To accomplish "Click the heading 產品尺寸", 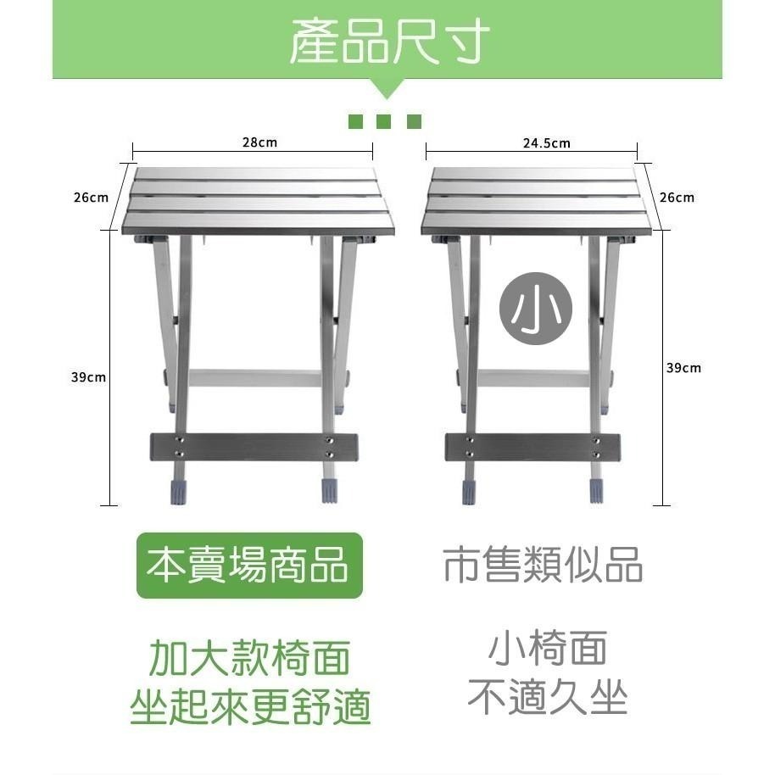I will [x=389, y=41].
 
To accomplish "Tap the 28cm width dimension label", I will [x=259, y=142].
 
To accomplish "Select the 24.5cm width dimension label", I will [x=546, y=143].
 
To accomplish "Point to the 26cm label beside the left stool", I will [x=91, y=198].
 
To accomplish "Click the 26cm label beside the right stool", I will [x=677, y=198].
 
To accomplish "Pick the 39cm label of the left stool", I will [x=88, y=376].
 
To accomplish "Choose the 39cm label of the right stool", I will [x=683, y=368].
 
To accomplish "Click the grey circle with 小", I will [x=535, y=311].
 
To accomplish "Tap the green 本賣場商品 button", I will [x=249, y=566].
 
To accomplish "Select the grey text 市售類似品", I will [x=543, y=565].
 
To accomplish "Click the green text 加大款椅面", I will [x=250, y=657].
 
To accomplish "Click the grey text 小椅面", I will [x=547, y=650].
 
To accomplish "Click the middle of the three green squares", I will [x=386, y=121].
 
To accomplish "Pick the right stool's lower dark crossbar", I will [x=533, y=445].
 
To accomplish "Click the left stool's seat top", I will [x=254, y=200].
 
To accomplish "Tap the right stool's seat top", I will [x=538, y=200].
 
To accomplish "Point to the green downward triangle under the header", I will [x=387, y=87].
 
